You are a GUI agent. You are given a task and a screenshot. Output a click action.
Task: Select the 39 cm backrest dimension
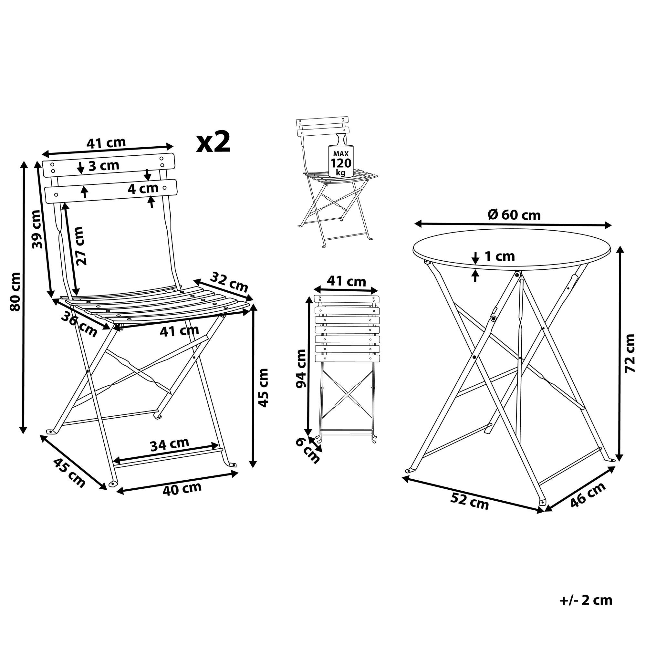(x=38, y=229)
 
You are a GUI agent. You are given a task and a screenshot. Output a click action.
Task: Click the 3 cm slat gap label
(x=104, y=165)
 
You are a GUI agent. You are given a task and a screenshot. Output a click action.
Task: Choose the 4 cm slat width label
(x=143, y=189)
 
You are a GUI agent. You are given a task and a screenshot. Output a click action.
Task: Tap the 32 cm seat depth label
(x=229, y=282)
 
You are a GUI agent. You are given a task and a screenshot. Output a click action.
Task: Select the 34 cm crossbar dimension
(x=170, y=444)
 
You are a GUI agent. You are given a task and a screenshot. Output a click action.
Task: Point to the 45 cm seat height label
(x=263, y=388)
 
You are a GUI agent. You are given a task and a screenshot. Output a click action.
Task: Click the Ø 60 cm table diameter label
(x=514, y=215)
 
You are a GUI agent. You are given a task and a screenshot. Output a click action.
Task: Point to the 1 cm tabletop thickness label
(x=500, y=256)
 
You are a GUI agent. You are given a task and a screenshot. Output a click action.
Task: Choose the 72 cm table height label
(x=629, y=353)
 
